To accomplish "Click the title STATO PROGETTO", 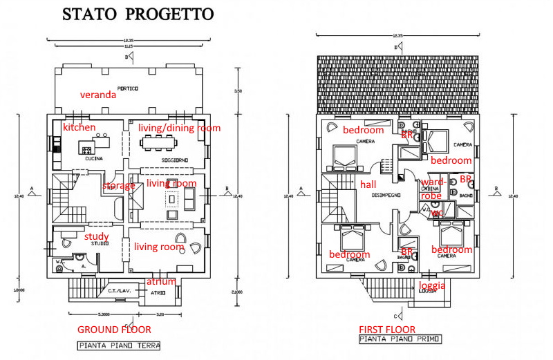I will (x=138, y=14).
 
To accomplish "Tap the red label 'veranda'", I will (x=97, y=95).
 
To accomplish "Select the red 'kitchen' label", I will (x=79, y=128).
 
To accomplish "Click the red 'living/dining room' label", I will (x=179, y=128).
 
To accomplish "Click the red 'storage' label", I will (x=119, y=186).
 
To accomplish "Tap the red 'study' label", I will (x=96, y=236).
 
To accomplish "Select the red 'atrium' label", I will (x=161, y=281).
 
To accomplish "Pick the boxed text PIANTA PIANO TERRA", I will (x=118, y=345).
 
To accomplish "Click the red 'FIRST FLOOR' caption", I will (x=387, y=329).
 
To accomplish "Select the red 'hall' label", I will (x=368, y=184).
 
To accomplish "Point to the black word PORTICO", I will (x=127, y=88).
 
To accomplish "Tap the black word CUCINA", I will (x=93, y=159).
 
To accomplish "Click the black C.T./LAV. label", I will (x=115, y=291).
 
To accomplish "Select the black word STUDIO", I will (x=100, y=243).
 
